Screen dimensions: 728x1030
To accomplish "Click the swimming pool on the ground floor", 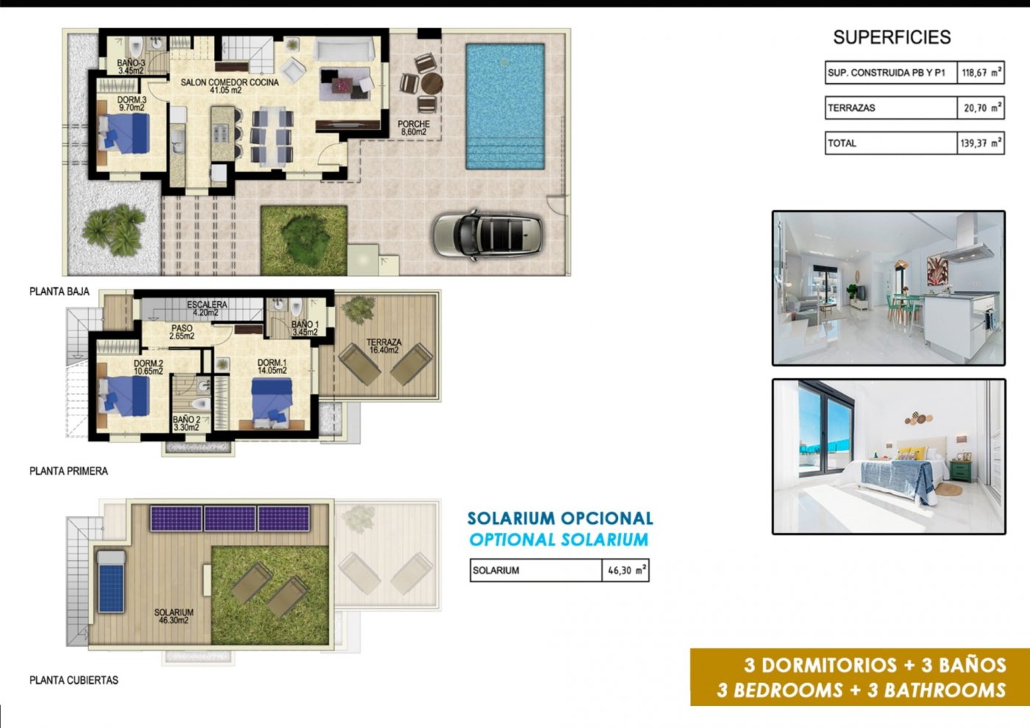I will click(x=505, y=105).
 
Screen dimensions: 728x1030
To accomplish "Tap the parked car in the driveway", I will click(x=488, y=234).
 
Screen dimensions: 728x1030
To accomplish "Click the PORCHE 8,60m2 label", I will click(x=413, y=128).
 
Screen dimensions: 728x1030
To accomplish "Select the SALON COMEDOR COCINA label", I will click(x=230, y=86).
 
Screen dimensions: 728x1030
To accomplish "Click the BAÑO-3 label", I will click(x=131, y=67).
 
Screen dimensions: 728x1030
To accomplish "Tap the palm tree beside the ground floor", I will click(x=113, y=227).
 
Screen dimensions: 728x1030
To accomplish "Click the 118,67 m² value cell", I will click(x=981, y=73).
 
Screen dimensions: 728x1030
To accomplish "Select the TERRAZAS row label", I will click(x=852, y=108).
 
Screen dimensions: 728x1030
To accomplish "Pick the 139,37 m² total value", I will click(x=981, y=144).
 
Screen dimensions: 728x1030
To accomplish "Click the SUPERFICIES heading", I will click(x=892, y=38).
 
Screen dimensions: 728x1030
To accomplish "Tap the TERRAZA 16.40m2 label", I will click(x=383, y=346).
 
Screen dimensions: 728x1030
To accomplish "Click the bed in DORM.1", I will click(x=271, y=402).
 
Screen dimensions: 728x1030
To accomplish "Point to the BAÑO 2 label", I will click(x=186, y=423).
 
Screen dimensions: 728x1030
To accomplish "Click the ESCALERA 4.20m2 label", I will click(x=207, y=308).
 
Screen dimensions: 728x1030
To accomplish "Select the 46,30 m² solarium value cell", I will click(x=625, y=570).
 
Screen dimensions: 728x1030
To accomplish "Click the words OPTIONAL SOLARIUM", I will click(x=559, y=540).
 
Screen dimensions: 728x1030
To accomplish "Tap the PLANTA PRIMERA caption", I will click(x=68, y=471).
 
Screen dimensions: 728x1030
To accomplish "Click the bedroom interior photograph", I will click(x=888, y=456).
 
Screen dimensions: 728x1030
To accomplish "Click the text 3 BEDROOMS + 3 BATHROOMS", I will click(x=862, y=690).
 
